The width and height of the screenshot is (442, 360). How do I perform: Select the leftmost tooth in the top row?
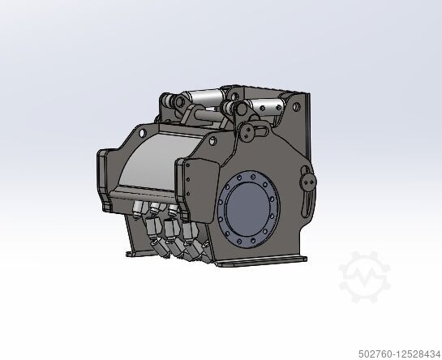(135, 209)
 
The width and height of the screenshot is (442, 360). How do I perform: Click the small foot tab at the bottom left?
(130, 253)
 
